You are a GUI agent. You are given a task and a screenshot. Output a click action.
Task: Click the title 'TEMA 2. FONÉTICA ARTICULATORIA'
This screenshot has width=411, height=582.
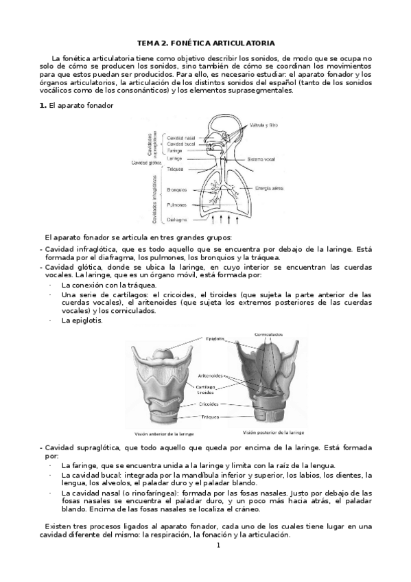click(x=207, y=43)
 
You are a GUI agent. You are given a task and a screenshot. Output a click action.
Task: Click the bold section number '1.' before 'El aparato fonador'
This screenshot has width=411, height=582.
click(x=42, y=105)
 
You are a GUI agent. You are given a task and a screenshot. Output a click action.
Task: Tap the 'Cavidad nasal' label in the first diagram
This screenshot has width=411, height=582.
click(x=181, y=137)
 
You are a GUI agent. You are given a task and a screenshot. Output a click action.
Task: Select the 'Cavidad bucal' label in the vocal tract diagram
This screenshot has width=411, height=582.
click(x=181, y=144)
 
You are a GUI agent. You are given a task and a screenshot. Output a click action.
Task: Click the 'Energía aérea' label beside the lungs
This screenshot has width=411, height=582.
click(x=269, y=187)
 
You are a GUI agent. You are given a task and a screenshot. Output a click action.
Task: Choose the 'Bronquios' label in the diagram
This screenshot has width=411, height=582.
click(x=178, y=189)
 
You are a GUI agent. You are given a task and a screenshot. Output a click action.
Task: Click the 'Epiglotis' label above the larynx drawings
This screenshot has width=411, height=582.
click(x=216, y=339)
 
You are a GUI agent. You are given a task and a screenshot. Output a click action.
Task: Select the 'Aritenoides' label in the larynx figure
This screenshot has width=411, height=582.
click(x=209, y=375)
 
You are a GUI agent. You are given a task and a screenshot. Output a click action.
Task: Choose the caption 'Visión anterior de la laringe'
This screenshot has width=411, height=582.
click(x=165, y=434)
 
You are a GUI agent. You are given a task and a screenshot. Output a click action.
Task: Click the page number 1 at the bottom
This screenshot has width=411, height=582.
click(x=218, y=546)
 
